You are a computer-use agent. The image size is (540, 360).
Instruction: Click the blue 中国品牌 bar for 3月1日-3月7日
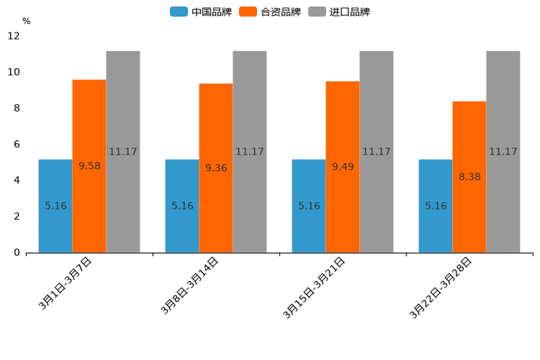tap(55, 205)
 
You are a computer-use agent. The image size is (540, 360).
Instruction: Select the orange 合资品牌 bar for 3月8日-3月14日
tap(216, 168)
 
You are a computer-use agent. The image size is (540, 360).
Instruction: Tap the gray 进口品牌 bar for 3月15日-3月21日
tap(376, 152)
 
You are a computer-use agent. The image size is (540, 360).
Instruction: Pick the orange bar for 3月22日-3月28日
tap(469, 176)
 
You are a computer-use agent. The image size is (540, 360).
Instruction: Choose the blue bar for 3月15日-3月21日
tap(308, 205)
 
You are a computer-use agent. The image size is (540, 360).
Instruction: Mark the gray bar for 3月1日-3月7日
tap(123, 152)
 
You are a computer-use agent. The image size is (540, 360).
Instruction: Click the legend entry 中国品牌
tap(201, 12)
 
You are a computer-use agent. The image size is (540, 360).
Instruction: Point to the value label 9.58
tap(89, 165)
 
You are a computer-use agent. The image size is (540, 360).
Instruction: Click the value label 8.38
tap(470, 176)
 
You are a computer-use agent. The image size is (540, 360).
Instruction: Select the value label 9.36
tap(216, 168)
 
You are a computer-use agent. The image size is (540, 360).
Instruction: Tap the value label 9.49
tap(343, 166)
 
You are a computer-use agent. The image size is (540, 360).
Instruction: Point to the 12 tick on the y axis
tap(14, 36)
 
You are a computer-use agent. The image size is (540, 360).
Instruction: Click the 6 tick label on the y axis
tap(17, 144)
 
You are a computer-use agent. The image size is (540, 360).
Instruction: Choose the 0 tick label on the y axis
tap(17, 253)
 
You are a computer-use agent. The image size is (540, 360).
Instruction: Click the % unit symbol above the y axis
tap(26, 21)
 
